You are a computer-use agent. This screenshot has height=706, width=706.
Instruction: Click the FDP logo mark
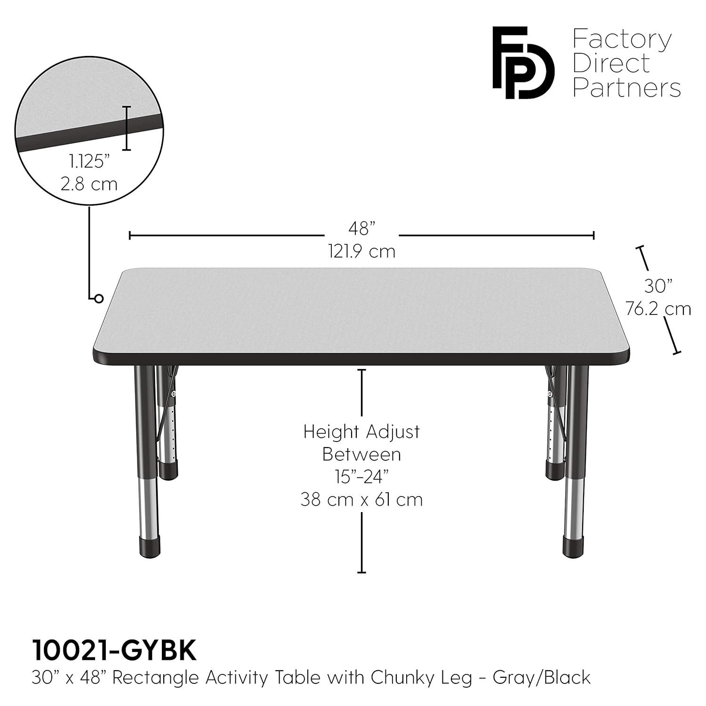(x=523, y=63)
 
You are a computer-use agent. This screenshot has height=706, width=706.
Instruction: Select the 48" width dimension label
(x=361, y=229)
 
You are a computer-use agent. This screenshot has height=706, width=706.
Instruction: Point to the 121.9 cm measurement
(x=361, y=251)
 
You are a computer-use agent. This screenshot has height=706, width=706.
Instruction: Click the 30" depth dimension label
(x=658, y=285)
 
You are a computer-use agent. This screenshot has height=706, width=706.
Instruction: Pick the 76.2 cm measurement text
(x=658, y=309)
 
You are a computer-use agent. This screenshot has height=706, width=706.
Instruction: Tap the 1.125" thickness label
(x=89, y=161)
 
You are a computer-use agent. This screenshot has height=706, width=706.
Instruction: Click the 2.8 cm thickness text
(x=89, y=184)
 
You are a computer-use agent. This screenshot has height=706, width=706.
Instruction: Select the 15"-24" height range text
(x=361, y=477)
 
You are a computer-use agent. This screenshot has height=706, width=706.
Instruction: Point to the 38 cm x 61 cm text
(x=361, y=499)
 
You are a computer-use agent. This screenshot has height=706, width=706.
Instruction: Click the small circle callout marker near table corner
(x=98, y=298)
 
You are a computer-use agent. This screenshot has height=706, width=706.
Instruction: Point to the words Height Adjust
(x=361, y=432)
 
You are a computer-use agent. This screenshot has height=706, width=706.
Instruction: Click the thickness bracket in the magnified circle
(x=126, y=128)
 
